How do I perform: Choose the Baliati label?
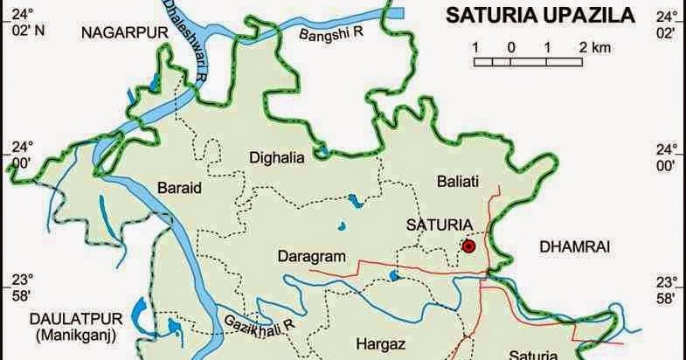click(455, 182)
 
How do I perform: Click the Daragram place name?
click(312, 257)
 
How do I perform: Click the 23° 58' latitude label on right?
click(667, 289)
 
